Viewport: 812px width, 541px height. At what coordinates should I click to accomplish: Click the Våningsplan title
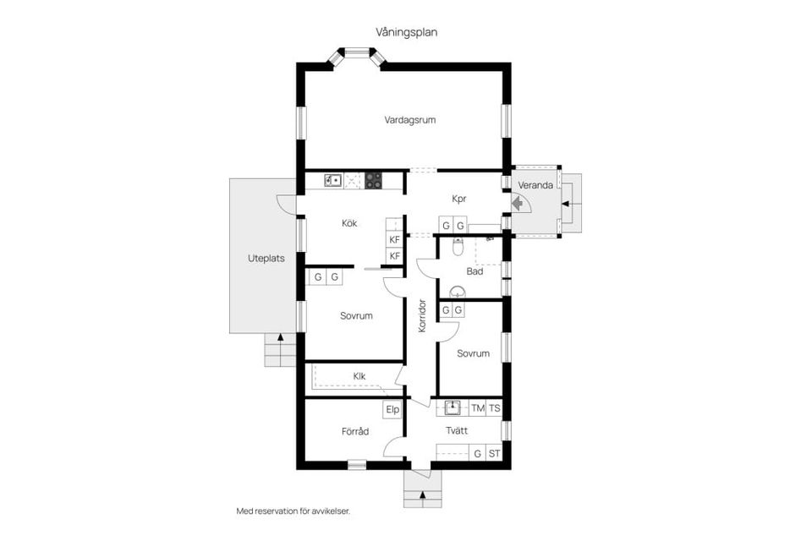(x=407, y=32)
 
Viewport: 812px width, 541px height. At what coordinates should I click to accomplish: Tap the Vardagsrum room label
(x=409, y=120)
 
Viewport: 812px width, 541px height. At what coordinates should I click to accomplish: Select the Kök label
(x=349, y=223)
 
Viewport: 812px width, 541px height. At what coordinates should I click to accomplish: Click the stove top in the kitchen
(x=373, y=180)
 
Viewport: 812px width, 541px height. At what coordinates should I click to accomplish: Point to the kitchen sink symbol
(x=333, y=180)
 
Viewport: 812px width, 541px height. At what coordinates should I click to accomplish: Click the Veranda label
(x=535, y=185)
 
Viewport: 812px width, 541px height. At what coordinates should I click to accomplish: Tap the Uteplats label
(x=266, y=259)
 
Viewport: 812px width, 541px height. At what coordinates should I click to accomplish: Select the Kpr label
(x=458, y=199)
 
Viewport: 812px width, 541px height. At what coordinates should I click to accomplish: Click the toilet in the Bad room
(x=458, y=247)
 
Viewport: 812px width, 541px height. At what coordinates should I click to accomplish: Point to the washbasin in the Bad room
(x=458, y=292)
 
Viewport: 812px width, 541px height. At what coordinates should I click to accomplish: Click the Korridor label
(x=421, y=316)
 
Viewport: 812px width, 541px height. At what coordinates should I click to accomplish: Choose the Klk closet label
(x=359, y=376)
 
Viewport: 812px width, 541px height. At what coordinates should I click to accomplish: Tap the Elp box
(x=392, y=409)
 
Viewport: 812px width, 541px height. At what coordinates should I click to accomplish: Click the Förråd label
(x=355, y=431)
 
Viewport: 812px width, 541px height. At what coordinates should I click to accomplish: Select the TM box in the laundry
(x=478, y=408)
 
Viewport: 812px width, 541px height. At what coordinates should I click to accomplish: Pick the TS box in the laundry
(x=495, y=408)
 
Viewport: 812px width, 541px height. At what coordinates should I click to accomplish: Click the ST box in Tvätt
(x=495, y=453)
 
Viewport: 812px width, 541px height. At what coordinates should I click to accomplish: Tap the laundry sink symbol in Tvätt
(x=453, y=408)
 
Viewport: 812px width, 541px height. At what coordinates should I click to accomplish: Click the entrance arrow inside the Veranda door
(x=517, y=204)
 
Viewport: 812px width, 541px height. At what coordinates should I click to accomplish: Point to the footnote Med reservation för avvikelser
(x=294, y=511)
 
